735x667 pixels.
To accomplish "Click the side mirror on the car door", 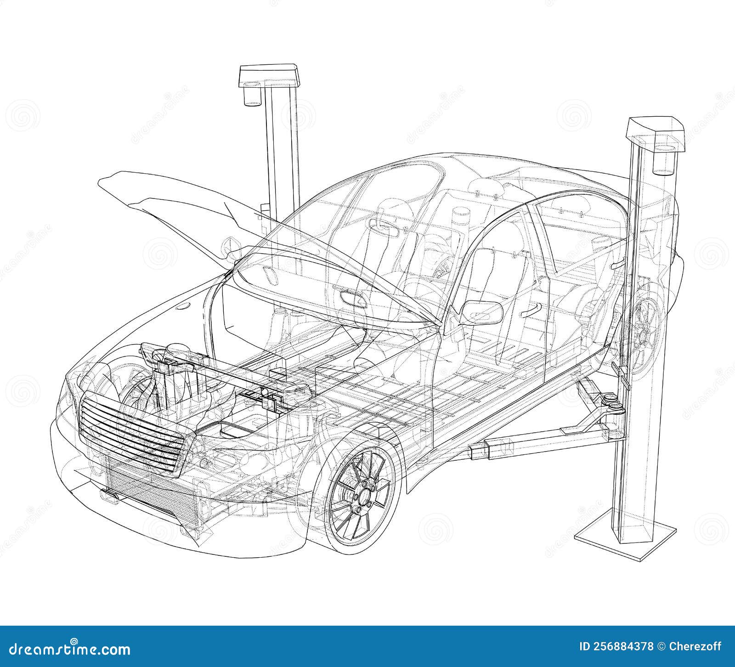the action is tap(481, 312).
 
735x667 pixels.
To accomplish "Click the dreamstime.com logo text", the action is tap(69, 650).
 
